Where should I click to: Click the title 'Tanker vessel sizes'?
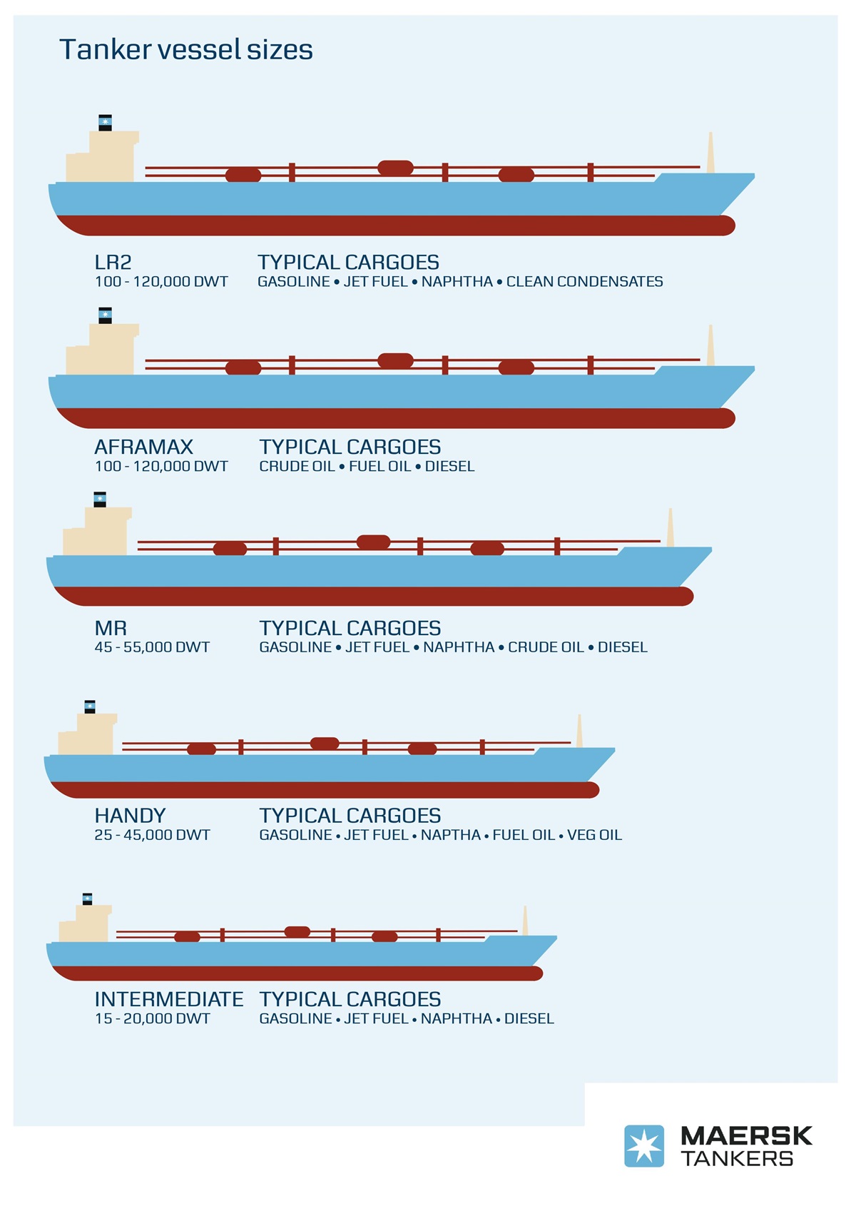point(186,50)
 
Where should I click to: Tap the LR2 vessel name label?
point(113,262)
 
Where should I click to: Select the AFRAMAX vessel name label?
point(144,447)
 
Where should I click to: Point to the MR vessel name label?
point(111,628)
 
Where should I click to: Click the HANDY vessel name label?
point(131,816)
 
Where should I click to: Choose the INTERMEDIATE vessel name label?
point(169,1000)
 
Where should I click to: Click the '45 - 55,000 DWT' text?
point(153,647)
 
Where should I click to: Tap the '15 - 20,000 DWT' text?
point(153,1018)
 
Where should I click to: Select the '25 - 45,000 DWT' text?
point(153,835)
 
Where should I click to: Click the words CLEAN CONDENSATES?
point(585,282)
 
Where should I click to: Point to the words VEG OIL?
point(594,835)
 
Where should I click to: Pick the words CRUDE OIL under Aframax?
point(297,466)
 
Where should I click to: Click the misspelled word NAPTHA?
point(451,835)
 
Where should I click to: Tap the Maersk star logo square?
point(644,1145)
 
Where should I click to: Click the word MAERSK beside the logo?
point(746,1135)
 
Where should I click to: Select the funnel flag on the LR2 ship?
point(106,123)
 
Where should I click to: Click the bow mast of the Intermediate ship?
point(525,920)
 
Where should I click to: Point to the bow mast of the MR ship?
point(670,527)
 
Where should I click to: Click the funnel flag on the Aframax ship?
point(106,315)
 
